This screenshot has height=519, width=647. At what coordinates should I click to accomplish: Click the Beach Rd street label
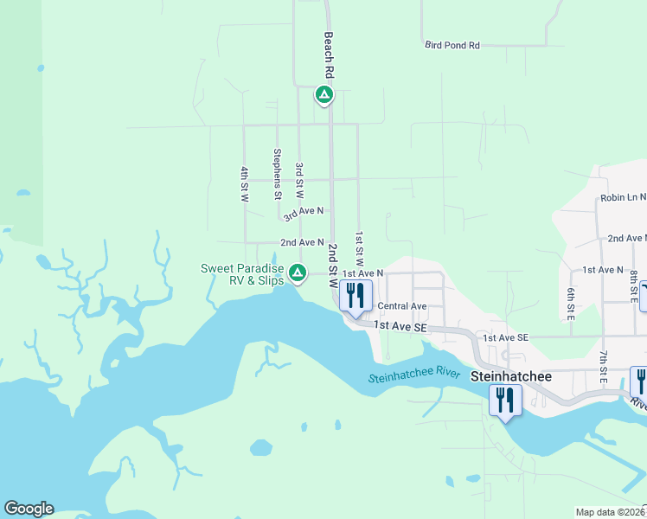pyautogui.click(x=329, y=53)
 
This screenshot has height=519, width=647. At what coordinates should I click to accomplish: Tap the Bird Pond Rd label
pyautogui.click(x=452, y=45)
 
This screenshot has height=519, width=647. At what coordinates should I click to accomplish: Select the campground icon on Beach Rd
pyautogui.click(x=323, y=94)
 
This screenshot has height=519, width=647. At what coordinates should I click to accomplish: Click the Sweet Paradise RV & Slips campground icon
pyautogui.click(x=297, y=273)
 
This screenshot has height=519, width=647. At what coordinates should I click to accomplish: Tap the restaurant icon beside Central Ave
pyautogui.click(x=355, y=296)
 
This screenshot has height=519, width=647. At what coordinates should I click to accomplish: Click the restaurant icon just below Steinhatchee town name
pyautogui.click(x=505, y=400)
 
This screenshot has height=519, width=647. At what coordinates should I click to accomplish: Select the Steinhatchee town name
pyautogui.click(x=506, y=377)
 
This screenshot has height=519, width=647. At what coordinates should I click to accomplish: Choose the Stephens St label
pyautogui.click(x=278, y=174)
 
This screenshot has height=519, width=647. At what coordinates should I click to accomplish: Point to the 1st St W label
pyautogui.click(x=359, y=248)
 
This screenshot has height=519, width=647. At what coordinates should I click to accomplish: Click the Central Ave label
pyautogui.click(x=402, y=306)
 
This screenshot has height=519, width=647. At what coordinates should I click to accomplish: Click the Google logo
pyautogui.click(x=29, y=509)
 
